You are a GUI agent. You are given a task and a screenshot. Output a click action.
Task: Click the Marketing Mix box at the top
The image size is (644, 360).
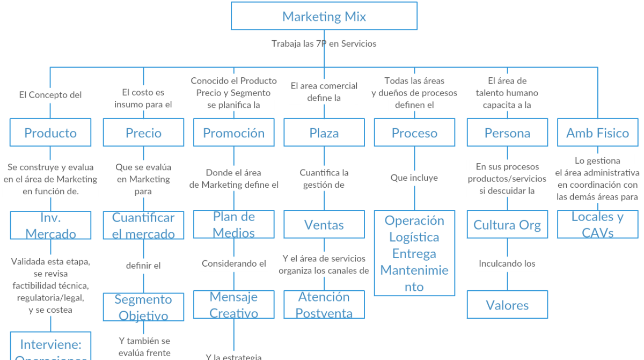tap(324, 16)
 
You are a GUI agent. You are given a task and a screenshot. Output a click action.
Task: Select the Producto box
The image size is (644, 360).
tap(50, 133)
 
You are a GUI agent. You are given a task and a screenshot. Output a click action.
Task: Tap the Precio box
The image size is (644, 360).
tap(143, 133)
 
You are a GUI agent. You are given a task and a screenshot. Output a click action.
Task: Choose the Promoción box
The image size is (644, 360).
tap(233, 133)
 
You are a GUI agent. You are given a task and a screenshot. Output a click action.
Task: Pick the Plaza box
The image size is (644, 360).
tap(324, 133)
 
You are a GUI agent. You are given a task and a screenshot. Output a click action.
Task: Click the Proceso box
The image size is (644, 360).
tap(414, 133)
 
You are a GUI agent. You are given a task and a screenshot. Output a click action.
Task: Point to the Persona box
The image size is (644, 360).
tap(507, 133)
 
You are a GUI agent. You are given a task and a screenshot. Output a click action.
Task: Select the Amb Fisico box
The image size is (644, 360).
tap(597, 133)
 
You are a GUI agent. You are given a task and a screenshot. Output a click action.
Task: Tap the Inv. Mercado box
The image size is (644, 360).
tap(50, 225)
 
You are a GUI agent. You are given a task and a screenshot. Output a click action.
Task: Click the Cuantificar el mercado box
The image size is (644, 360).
tap(143, 225)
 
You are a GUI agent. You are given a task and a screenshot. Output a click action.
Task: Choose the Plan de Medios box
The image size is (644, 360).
tap(233, 225)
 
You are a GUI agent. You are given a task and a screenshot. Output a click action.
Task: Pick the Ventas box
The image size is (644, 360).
tap(324, 225)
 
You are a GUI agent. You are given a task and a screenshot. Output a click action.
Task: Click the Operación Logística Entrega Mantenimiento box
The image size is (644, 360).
tap(414, 253)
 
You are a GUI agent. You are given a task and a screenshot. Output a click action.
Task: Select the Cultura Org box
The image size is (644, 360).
tap(507, 225)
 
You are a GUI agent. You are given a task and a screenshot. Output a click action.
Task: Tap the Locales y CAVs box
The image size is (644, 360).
tap(597, 225)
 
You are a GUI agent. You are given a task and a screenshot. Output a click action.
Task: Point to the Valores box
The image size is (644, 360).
tap(507, 305)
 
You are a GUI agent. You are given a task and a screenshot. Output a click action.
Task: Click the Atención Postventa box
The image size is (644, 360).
tap(324, 305)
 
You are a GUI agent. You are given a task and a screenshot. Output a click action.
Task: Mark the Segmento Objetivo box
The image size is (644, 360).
tap(143, 307)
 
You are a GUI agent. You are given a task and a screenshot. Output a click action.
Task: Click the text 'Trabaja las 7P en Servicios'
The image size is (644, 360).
tap(324, 44)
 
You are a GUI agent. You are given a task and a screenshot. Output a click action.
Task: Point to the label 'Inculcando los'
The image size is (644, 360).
tap(507, 264)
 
